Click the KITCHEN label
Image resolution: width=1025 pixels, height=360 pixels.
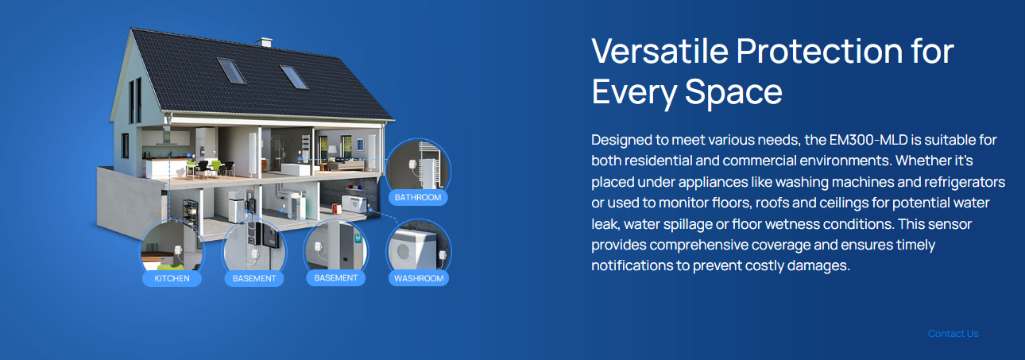[172, 278]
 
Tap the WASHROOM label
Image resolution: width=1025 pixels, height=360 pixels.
[418, 278]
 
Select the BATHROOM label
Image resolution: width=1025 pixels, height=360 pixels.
[418, 197]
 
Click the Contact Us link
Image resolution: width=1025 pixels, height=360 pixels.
[953, 334]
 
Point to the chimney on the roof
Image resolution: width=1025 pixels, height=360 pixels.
[264, 43]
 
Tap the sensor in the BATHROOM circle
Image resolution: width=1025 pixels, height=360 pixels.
[412, 165]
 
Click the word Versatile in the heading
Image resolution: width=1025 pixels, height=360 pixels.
[659, 51]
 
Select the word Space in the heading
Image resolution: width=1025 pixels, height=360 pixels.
[733, 92]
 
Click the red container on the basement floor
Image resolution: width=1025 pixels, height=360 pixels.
[337, 208]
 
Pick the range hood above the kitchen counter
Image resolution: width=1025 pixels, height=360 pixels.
[166, 137]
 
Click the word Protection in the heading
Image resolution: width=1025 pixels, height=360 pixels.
[819, 51]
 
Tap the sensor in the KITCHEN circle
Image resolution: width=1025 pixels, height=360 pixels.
[178, 250]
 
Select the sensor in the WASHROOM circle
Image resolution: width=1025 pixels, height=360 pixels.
[442, 255]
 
